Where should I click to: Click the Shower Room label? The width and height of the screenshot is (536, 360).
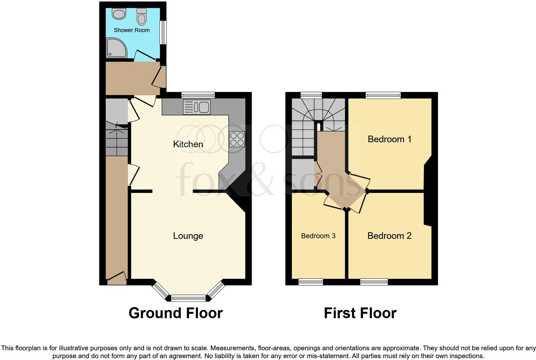[x=131, y=30]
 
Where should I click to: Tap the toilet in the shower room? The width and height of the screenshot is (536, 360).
[x=142, y=17]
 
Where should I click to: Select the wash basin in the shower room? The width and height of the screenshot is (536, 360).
[x=119, y=14]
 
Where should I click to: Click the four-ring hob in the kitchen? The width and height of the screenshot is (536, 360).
[x=237, y=139]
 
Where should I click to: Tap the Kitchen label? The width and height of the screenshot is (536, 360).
[x=188, y=144]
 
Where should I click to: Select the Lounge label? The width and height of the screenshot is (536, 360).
[x=188, y=236]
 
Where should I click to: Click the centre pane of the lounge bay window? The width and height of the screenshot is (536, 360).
[x=188, y=298]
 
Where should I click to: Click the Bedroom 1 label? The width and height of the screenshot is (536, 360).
[x=389, y=139]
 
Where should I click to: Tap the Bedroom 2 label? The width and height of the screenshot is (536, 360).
[x=389, y=236]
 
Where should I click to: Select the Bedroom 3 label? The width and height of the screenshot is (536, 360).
[x=318, y=236]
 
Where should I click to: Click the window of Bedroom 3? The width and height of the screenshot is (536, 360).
[x=311, y=282]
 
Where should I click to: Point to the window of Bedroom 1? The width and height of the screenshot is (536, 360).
[x=383, y=95]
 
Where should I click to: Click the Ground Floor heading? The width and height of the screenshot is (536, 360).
[x=176, y=313]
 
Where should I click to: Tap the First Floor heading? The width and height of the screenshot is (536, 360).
[x=360, y=313]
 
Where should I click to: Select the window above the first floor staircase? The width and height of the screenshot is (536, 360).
[x=311, y=95]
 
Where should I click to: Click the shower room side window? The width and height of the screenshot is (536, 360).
[x=163, y=32]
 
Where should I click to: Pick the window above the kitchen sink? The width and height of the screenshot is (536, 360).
[x=198, y=95]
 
